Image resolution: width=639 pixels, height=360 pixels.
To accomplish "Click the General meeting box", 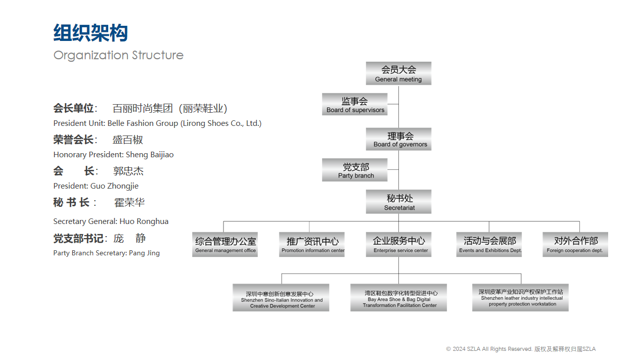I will [398, 73].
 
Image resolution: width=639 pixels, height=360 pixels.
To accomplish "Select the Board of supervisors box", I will [355, 104].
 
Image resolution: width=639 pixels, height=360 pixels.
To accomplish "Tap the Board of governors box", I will [398, 139].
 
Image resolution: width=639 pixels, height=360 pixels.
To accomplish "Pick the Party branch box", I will [355, 170].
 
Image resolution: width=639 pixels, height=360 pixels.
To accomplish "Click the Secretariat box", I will [398, 202].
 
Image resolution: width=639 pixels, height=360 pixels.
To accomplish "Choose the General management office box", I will [225, 244].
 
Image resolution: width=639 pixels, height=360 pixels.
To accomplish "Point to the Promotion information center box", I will [312, 244].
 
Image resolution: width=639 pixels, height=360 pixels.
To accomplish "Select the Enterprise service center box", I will [398, 244].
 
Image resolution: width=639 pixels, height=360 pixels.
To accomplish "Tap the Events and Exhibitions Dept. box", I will [489, 244].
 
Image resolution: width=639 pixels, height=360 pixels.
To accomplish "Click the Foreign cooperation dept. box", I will [575, 244].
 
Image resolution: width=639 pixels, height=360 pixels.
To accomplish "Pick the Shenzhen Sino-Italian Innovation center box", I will [281, 297].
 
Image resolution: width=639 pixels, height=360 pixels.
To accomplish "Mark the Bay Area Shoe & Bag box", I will [398, 297].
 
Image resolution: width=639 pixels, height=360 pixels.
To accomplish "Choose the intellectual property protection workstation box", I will [520, 297].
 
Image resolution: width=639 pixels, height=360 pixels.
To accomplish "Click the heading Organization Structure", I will [118, 55].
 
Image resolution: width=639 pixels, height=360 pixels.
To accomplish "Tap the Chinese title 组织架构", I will [90, 33].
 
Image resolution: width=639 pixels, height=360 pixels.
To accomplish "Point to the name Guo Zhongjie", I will [114, 186].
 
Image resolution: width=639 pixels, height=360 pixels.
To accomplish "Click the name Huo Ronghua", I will [144, 221].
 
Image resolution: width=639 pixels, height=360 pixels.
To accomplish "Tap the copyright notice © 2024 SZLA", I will [521, 349].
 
